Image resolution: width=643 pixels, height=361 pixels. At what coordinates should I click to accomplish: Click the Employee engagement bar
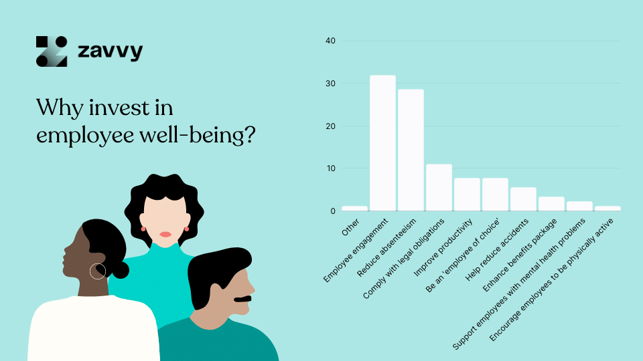coord(382,143)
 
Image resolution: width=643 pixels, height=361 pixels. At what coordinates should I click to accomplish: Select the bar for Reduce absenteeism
coord(411,150)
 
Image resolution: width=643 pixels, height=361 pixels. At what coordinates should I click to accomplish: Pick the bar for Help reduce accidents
coord(523,199)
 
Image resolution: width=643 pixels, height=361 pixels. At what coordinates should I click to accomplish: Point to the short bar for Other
coord(354,209)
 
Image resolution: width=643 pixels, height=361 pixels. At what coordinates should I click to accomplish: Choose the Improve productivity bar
coord(467,195)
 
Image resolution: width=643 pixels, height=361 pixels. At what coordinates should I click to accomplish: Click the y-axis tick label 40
coord(330,41)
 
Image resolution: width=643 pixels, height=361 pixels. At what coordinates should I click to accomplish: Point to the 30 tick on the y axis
coord(330,84)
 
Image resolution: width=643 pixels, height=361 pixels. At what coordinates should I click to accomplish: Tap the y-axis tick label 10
coord(330,168)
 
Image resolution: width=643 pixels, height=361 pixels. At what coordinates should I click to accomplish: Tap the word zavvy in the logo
coord(110,51)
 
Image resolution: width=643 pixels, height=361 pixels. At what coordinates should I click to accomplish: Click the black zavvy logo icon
coord(52,51)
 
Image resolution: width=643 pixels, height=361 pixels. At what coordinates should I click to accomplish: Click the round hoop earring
coord(98,271)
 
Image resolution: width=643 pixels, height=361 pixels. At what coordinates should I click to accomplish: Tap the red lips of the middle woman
coord(165,234)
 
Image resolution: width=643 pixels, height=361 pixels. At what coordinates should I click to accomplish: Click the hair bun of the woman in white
coord(120,269)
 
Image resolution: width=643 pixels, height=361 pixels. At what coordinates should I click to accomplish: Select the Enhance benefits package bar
coord(551,203)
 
